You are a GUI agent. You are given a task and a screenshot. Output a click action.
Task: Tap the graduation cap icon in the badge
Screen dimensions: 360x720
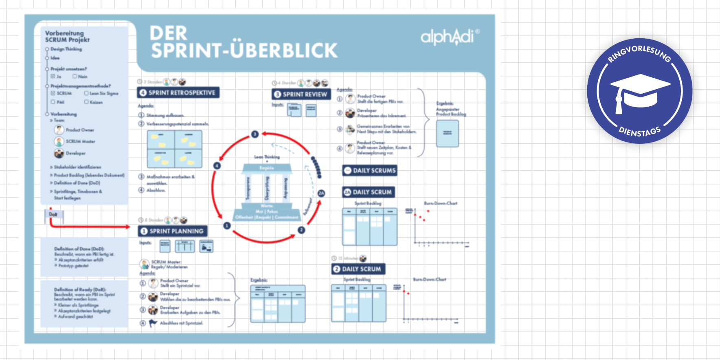tap(640, 92)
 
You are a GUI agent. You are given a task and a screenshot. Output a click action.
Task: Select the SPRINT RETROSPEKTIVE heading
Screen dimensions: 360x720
tap(178, 93)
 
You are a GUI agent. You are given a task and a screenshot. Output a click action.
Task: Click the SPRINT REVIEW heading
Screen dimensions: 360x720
tap(301, 94)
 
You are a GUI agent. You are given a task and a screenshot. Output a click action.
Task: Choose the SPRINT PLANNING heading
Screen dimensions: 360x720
tap(172, 231)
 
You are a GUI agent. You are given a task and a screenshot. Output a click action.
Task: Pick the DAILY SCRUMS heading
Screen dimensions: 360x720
tap(370, 171)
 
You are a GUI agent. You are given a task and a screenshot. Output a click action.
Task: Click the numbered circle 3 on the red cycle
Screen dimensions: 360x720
tap(255, 134)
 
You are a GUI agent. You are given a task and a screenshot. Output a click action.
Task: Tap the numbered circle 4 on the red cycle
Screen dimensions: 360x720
tap(217, 166)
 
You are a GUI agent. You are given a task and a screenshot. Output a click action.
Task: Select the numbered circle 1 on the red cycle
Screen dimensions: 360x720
tap(227, 226)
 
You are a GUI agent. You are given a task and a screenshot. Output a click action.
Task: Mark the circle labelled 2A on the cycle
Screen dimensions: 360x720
tap(321, 193)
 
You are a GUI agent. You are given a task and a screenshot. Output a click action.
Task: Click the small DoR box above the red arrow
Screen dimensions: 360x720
tap(53, 215)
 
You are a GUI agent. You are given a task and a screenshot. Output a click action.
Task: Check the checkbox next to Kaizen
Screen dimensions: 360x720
tap(86, 102)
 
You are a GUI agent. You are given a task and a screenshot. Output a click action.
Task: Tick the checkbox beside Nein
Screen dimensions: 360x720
tap(75, 76)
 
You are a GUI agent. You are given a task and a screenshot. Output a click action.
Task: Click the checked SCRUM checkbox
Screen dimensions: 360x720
tap(53, 93)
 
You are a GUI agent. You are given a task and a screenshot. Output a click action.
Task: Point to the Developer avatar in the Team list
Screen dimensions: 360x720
tap(59, 153)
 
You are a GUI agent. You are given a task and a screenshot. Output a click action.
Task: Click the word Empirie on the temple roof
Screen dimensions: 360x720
tap(267, 168)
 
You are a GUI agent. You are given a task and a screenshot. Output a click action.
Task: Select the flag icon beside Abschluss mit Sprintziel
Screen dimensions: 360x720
tap(153, 323)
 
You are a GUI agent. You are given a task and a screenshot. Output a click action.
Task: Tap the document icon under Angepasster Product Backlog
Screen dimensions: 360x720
tap(447, 133)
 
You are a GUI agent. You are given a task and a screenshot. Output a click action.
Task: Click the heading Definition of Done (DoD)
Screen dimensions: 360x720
tap(79, 249)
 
